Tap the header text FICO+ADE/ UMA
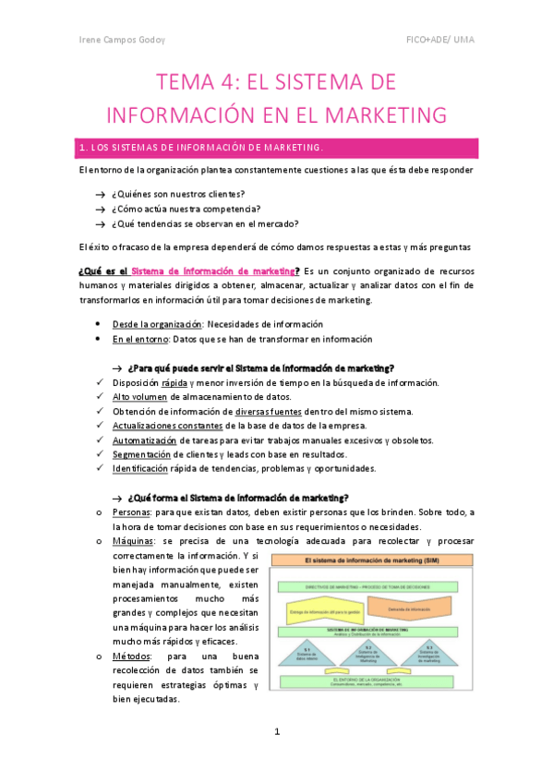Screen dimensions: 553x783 442,41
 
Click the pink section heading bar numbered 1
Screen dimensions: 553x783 276,148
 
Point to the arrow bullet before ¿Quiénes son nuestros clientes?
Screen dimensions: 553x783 99,194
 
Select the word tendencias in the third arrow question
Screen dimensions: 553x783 155,223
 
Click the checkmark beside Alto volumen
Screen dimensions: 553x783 99,397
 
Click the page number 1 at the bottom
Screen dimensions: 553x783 276,732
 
